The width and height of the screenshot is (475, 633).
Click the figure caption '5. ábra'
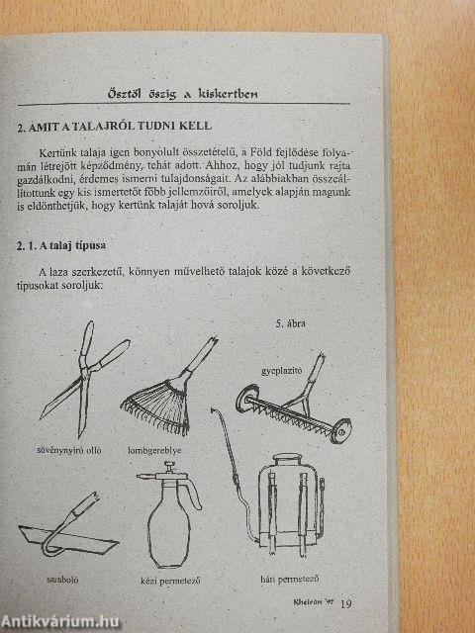292,323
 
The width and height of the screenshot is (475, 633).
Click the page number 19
344,604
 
